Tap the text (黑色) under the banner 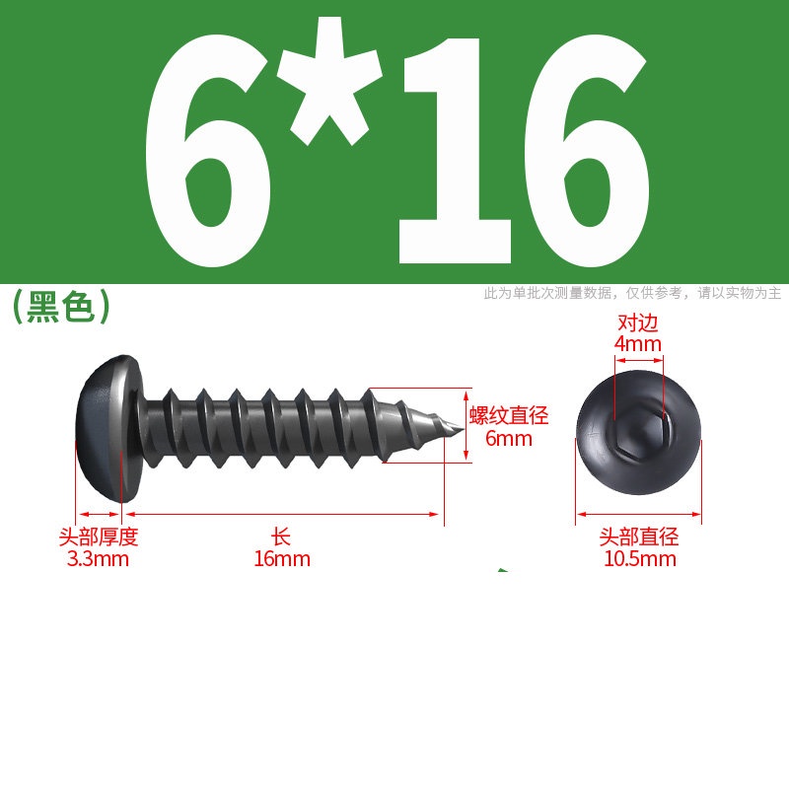point(61,306)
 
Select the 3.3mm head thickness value point(98,559)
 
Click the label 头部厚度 point(98,537)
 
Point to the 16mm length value point(282,559)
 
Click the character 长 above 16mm point(281,537)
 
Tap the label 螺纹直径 point(509,415)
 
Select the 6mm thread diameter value point(509,438)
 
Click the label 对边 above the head point(638,323)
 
